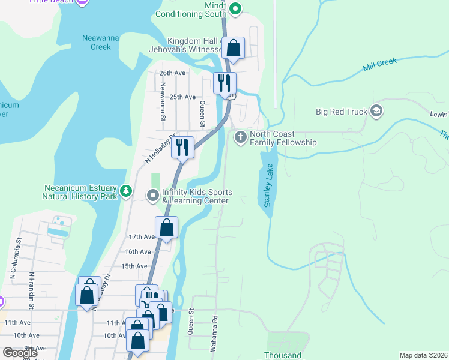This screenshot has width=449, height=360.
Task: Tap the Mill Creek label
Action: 381,65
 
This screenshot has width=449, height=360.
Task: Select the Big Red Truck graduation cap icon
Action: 376,111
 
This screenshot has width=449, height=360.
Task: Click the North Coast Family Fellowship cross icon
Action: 240,137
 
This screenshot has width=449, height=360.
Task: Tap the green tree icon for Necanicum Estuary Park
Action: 125,191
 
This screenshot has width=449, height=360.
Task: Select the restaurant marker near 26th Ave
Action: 225,82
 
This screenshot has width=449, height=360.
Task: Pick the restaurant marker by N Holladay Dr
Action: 182,146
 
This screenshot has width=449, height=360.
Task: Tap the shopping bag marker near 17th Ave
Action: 166,227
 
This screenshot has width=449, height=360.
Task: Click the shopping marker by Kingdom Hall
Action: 234,47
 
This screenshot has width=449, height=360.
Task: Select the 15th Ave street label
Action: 134,266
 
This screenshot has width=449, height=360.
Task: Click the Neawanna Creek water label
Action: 96,43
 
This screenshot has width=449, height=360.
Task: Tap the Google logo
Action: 20,353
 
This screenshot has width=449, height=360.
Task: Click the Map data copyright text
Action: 423,355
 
